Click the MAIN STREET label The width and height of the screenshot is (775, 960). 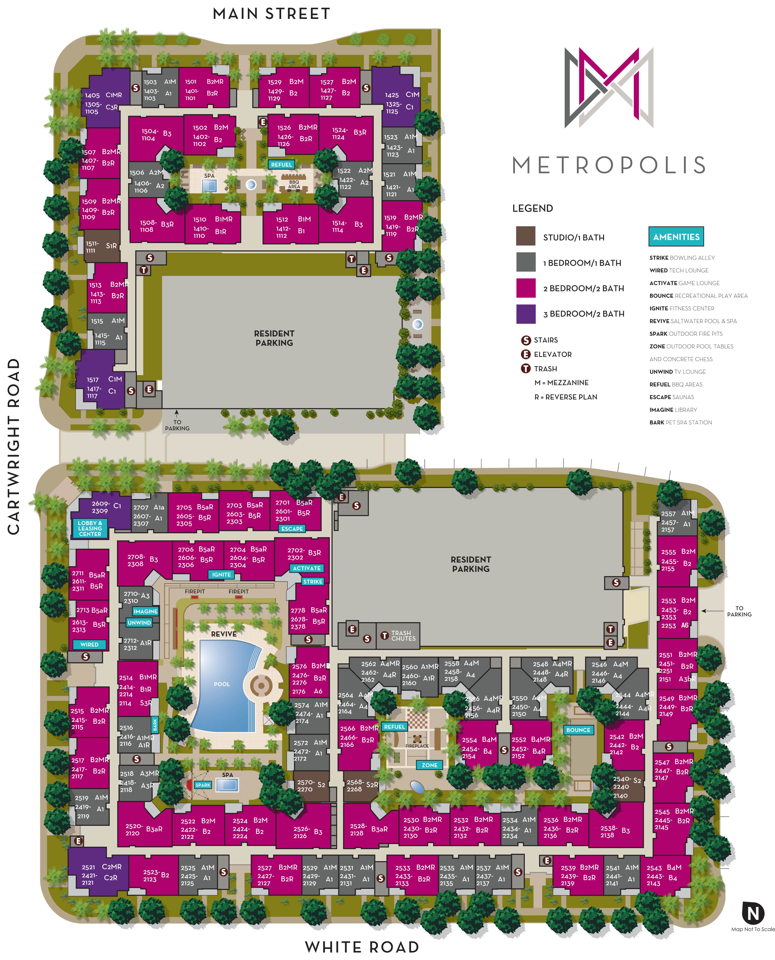(272, 14)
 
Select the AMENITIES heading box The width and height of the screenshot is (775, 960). (676, 237)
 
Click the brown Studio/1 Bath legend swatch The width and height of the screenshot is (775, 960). (526, 236)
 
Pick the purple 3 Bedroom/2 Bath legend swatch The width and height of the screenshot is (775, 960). (526, 314)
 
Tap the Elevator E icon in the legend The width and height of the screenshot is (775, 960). (526, 354)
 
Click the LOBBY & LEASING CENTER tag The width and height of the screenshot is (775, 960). (90, 528)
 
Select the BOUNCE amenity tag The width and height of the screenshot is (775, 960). (578, 730)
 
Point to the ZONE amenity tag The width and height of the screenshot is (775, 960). (430, 765)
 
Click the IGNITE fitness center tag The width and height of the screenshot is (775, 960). (221, 574)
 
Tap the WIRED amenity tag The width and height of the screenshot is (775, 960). (89, 644)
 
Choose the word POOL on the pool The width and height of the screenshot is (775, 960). (222, 684)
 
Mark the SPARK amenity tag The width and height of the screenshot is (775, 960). (203, 785)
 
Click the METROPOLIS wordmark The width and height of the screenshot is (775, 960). (609, 165)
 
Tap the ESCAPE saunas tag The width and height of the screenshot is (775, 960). (292, 528)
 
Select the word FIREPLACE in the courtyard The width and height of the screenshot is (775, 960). (417, 746)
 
